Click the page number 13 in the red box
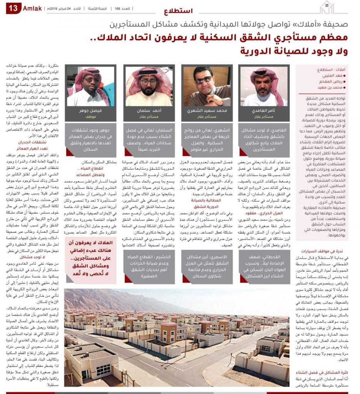pos(13,8)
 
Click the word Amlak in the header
pos(32,8)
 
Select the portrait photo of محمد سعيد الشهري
pos(206,86)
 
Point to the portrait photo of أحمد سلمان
pos(148,86)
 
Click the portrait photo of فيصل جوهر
pos(90,86)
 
